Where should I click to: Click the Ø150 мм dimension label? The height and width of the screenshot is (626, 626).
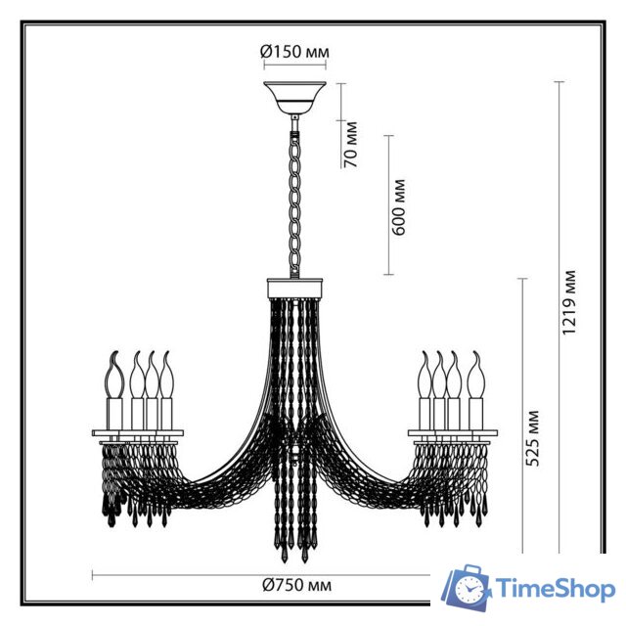click(293, 53)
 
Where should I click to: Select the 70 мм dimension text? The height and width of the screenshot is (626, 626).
click(350, 144)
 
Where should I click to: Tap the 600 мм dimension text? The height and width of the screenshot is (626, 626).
click(398, 204)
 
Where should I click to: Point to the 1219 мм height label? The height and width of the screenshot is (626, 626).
click(570, 302)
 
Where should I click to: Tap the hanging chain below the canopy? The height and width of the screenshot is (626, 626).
click(293, 196)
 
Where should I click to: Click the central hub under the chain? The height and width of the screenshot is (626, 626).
click(293, 289)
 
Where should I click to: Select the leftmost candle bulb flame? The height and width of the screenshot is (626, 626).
click(112, 368)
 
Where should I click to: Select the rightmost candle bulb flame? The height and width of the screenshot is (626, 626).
click(476, 368)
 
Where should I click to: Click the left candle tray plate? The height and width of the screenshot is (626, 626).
click(137, 431)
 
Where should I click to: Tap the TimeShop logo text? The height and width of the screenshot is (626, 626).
click(554, 588)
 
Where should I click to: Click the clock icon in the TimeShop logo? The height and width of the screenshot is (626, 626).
click(470, 589)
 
